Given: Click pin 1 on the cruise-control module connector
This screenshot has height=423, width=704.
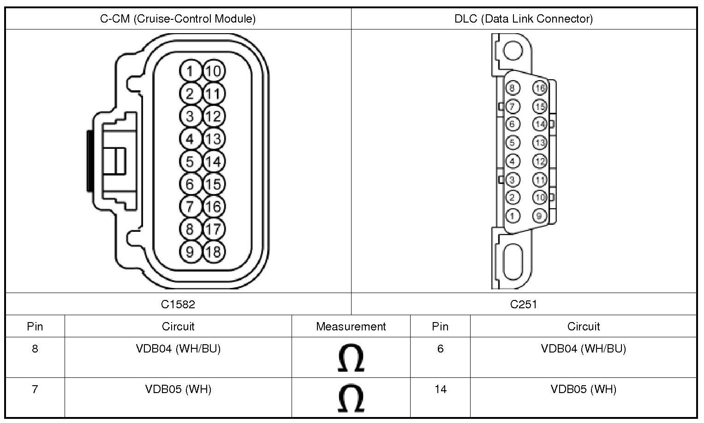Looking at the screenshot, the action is tap(190, 71).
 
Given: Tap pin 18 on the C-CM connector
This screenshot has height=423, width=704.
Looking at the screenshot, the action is tap(214, 252).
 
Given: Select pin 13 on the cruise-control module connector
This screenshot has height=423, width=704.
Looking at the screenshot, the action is tap(214, 139).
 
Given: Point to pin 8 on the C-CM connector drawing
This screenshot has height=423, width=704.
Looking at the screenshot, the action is tap(190, 229).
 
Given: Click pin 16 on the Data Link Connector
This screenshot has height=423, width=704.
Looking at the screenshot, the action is tap(540, 88).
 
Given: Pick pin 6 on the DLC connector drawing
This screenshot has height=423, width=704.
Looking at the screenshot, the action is tap(513, 124).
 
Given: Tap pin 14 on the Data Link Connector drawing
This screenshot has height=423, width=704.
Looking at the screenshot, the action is tap(540, 124).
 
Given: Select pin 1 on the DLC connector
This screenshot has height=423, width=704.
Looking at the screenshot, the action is tap(513, 216).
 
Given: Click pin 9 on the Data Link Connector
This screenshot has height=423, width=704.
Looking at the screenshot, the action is tap(540, 216).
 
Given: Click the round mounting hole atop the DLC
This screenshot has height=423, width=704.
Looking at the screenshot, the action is tap(513, 51).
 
